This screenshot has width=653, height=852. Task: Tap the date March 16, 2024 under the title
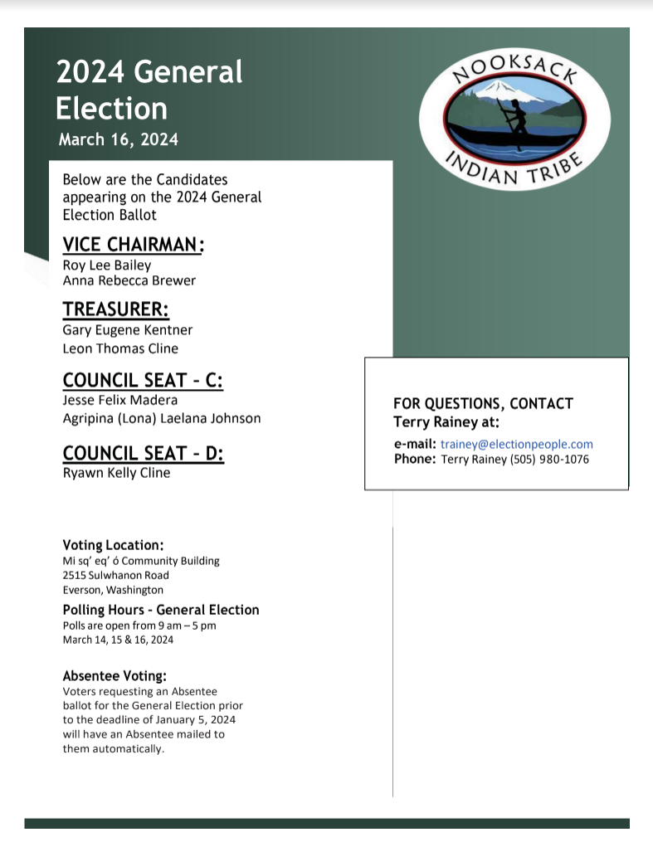(119, 139)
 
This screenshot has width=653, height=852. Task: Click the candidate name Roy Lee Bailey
(107, 265)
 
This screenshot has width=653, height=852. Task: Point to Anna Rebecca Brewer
(129, 280)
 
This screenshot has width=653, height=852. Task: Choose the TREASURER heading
(116, 310)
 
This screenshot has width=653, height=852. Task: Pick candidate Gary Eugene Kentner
(127, 330)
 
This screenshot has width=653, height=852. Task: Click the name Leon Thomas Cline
(120, 348)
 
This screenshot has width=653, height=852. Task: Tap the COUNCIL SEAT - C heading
(143, 381)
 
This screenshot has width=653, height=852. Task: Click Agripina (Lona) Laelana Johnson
(162, 418)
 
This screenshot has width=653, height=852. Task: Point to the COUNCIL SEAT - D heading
(144, 454)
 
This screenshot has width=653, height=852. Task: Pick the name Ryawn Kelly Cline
(116, 473)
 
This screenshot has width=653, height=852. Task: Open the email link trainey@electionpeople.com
(517, 444)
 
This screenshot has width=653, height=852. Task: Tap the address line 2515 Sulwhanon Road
(116, 575)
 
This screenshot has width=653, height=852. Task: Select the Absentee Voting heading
(115, 676)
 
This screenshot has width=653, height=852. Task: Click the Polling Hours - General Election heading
(161, 610)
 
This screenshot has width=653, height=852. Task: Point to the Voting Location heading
(113, 545)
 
